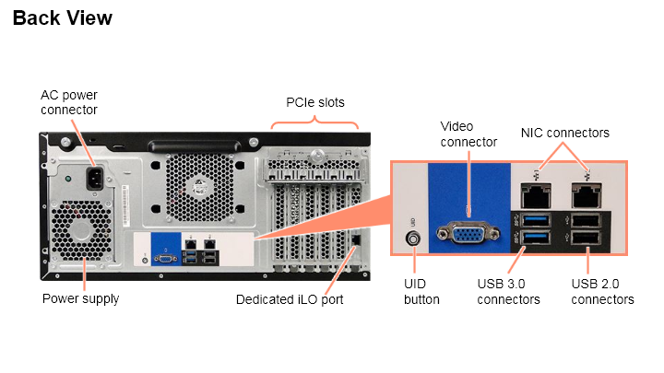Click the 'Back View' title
[x=63, y=17]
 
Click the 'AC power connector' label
[x=69, y=102]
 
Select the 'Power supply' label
[x=80, y=298]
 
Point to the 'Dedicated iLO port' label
[x=290, y=299]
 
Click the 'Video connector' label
[x=468, y=134]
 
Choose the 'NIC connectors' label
[x=565, y=133]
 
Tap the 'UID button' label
[x=421, y=292]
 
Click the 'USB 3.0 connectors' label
[x=508, y=292]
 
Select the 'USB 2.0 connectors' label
[x=602, y=292]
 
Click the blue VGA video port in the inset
[x=469, y=235]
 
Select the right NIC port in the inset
[x=586, y=194]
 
